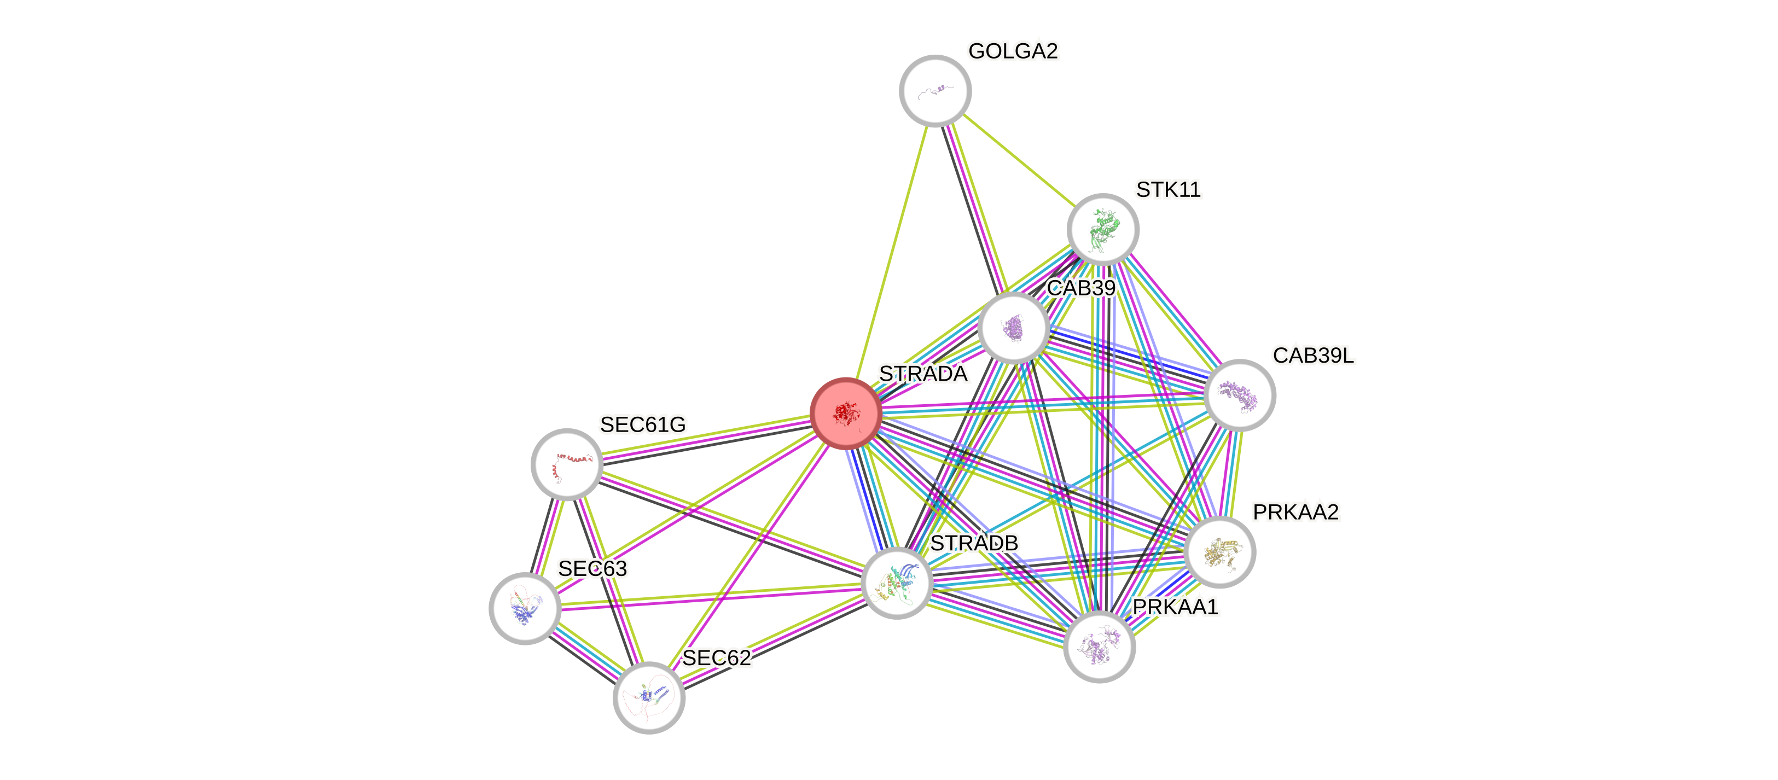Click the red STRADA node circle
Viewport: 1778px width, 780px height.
(846, 414)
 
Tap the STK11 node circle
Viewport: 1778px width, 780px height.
(1102, 229)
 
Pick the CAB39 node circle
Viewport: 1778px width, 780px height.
(1013, 328)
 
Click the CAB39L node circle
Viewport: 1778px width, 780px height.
(1240, 395)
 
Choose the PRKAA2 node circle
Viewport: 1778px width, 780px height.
(1219, 552)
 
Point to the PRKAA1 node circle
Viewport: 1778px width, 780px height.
(1099, 647)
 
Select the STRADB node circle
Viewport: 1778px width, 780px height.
(897, 583)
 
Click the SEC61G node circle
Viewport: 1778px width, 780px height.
(567, 464)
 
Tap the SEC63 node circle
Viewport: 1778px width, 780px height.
(525, 608)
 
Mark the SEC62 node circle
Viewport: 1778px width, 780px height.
(649, 697)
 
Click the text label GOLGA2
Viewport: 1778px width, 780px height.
(1013, 51)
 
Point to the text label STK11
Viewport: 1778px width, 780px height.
(1169, 189)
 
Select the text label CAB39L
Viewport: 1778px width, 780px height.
(1314, 355)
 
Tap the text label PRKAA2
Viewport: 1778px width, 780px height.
(1295, 512)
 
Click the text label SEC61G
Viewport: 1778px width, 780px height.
(642, 424)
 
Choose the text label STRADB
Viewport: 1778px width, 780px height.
(974, 543)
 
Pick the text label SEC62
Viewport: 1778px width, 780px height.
(717, 658)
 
